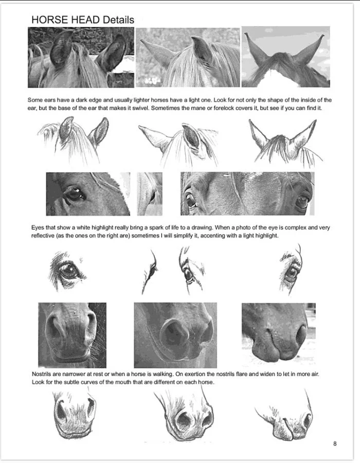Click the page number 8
(x=335, y=443)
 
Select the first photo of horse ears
(x=81, y=57)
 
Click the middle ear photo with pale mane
(x=187, y=57)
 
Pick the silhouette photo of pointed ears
(x=286, y=57)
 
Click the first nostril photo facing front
(x=71, y=334)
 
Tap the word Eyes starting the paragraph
(x=36, y=228)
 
